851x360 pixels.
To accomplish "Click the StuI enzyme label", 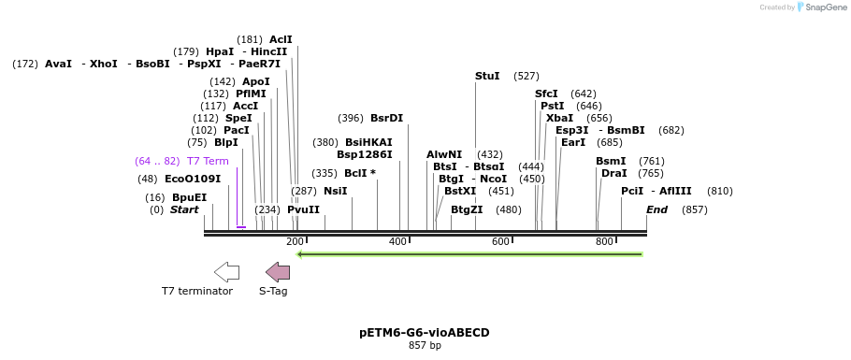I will pos(487,76).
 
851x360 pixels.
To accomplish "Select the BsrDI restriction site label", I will pos(386,118).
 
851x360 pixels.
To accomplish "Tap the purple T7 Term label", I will pos(208,161).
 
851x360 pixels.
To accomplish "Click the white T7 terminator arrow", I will pos(226,272).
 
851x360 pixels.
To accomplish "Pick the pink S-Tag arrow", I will pos(278,272).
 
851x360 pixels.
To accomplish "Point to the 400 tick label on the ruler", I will pos(397,241).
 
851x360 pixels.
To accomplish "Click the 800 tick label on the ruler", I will pos(604,241).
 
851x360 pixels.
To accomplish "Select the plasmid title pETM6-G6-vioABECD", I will pos(424,332).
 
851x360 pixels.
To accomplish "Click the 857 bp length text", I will pos(424,345).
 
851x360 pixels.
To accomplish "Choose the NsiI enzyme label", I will pos(335,191).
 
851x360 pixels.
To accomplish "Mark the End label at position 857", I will pos(656,209).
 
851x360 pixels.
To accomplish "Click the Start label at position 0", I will pos(184,209).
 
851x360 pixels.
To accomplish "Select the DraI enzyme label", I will pos(613,173).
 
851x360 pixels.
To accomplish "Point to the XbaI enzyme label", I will pos(559,118).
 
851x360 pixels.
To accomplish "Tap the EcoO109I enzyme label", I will pos(193,179).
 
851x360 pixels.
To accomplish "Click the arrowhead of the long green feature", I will pos(300,253).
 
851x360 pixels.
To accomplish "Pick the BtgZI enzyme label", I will pos(467,209).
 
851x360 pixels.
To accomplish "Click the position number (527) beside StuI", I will pos(526,76).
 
